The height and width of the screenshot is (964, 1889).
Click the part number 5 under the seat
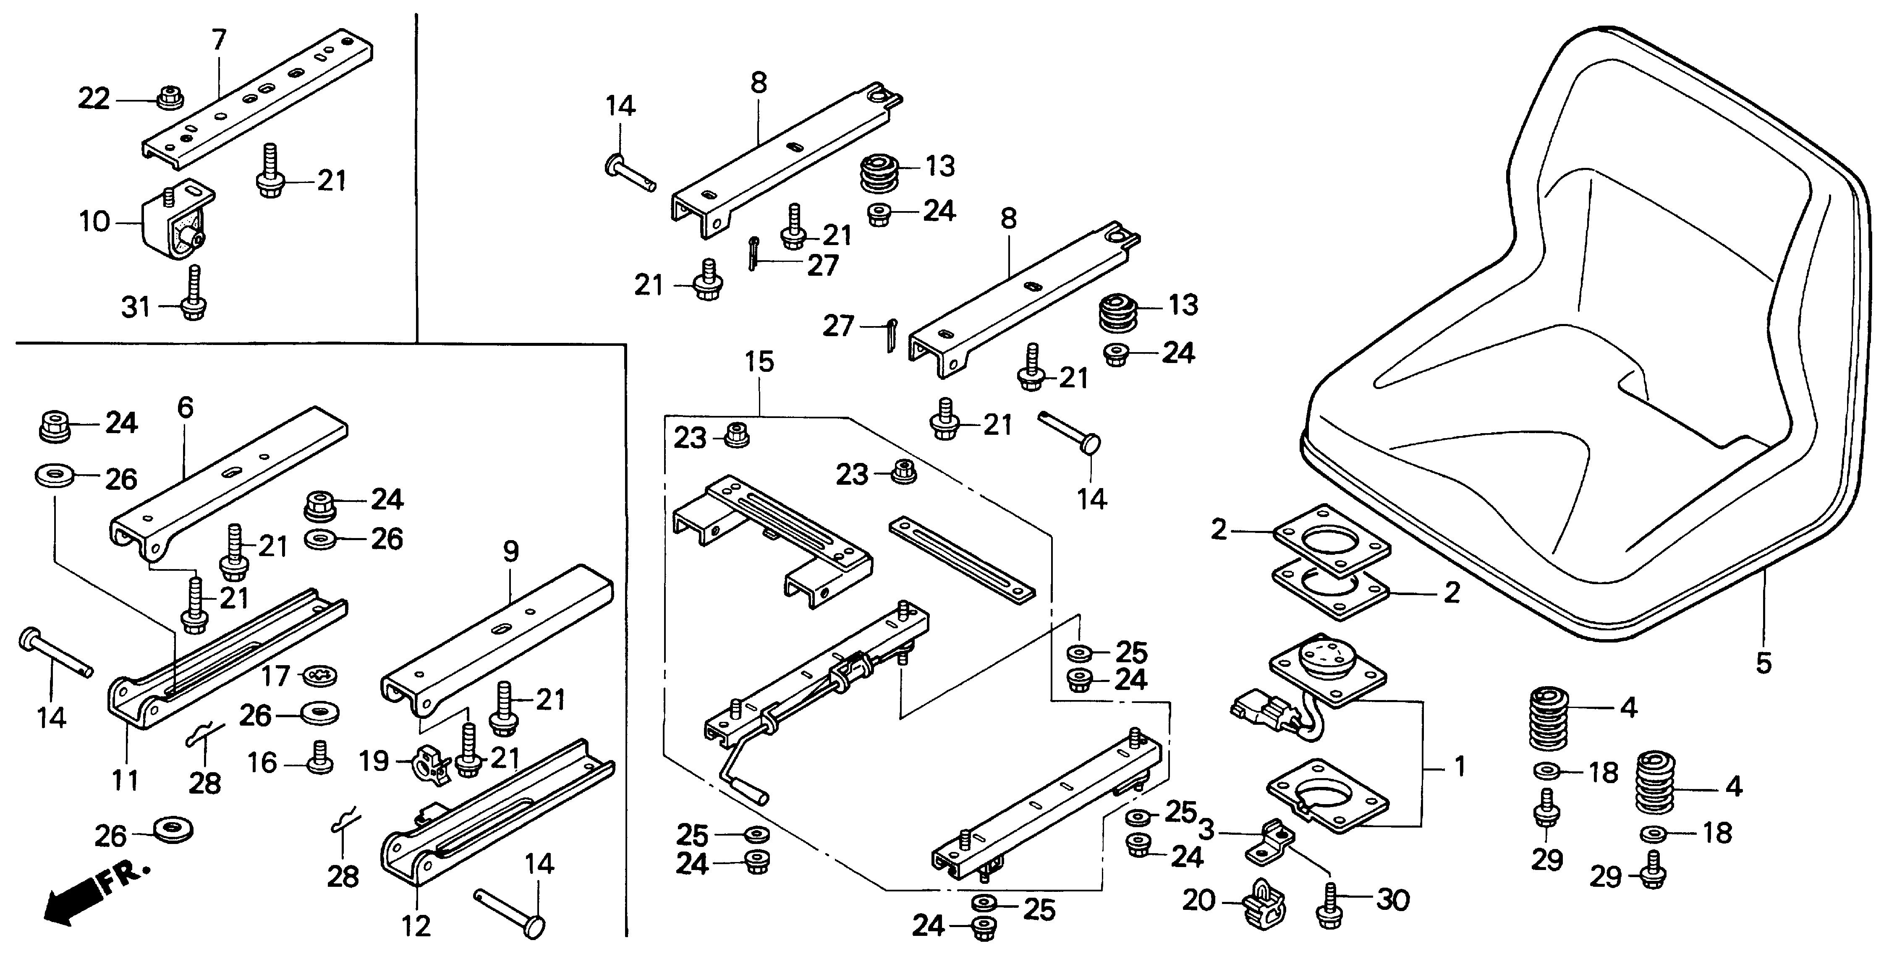point(1763,664)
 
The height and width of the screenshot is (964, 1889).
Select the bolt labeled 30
point(1329,905)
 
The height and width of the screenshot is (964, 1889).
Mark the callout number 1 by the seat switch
point(1459,767)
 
